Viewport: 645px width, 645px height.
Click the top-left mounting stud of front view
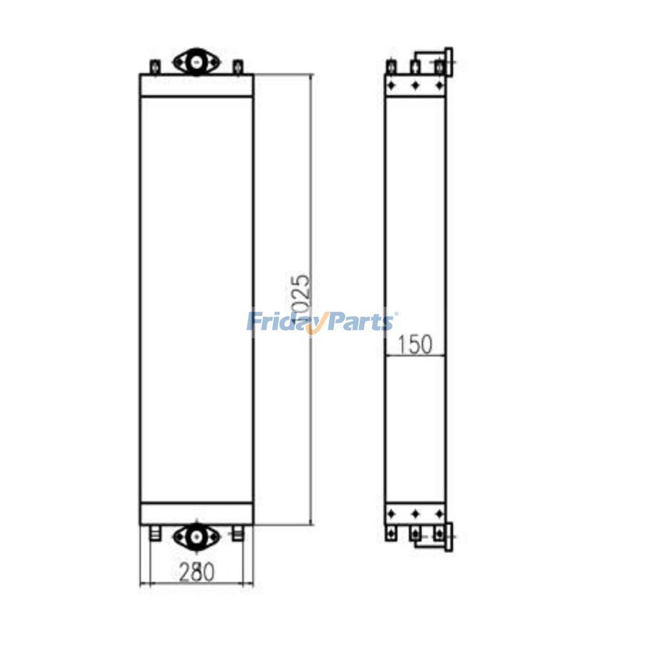[x=153, y=67]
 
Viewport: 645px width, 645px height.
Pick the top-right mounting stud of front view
[x=238, y=67]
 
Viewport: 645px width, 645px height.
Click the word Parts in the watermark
[x=362, y=322]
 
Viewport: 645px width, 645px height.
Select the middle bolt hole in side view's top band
[x=415, y=85]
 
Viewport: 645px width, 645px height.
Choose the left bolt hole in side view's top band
[x=391, y=85]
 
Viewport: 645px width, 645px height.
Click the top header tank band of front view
[x=196, y=85]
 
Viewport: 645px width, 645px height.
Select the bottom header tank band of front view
[x=196, y=513]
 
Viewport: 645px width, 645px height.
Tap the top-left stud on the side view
[x=391, y=67]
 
